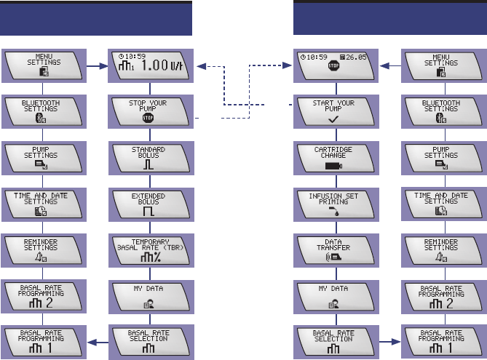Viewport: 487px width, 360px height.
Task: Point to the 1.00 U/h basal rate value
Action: coord(164,67)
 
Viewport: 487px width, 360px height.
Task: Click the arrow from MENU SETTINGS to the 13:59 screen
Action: coord(98,63)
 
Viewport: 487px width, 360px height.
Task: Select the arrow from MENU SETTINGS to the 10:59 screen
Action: coord(389,63)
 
